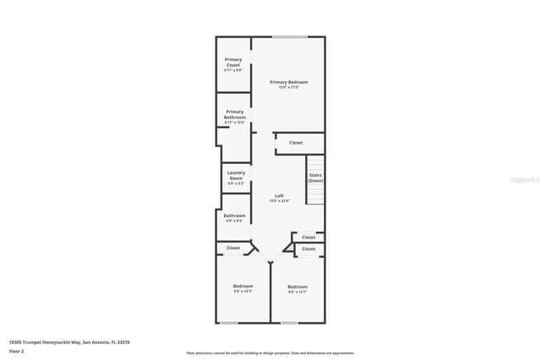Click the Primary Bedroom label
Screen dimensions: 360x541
(x=288, y=82)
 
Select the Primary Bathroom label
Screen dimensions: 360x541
(x=234, y=113)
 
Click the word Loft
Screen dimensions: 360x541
(x=279, y=196)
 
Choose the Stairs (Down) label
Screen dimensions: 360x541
(x=315, y=177)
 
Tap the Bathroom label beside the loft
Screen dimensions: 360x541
(x=234, y=215)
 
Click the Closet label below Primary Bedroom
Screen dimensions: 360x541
(x=296, y=143)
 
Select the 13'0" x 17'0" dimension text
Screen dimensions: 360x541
(x=288, y=87)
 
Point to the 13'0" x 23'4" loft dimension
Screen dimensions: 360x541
(x=279, y=201)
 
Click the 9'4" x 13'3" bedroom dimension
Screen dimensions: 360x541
(x=243, y=292)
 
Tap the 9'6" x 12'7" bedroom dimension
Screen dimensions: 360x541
(x=297, y=292)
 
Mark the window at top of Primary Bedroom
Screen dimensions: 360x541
(x=289, y=36)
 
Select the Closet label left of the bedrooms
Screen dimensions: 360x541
(x=233, y=248)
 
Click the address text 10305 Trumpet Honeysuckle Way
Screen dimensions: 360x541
(x=69, y=342)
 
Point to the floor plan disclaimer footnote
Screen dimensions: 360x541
(x=270, y=353)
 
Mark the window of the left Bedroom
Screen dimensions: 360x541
(x=228, y=322)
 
